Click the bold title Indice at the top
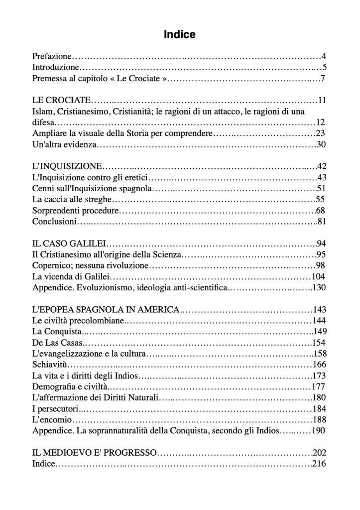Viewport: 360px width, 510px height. point(180,35)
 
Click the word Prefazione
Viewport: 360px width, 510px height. point(52,56)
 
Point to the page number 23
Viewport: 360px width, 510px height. point(320,133)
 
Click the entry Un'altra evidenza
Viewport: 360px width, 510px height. point(64,144)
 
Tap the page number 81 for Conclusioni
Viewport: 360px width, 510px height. point(321,221)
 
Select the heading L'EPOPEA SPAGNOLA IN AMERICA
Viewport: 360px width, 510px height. point(106,309)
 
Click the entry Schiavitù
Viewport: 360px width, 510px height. point(50,364)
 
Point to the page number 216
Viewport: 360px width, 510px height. point(319,464)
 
